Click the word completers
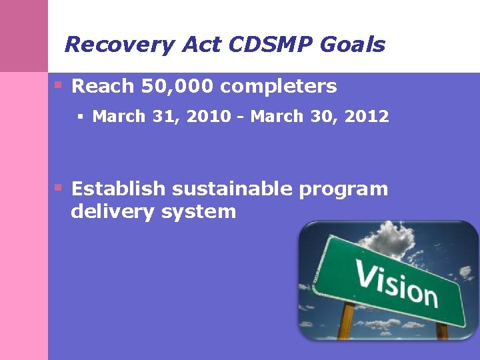[x=279, y=87]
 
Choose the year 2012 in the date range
[x=366, y=117]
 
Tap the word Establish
[x=118, y=189]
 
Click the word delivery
[x=109, y=213]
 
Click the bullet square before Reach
[x=59, y=85]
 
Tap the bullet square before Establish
[x=59, y=187]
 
